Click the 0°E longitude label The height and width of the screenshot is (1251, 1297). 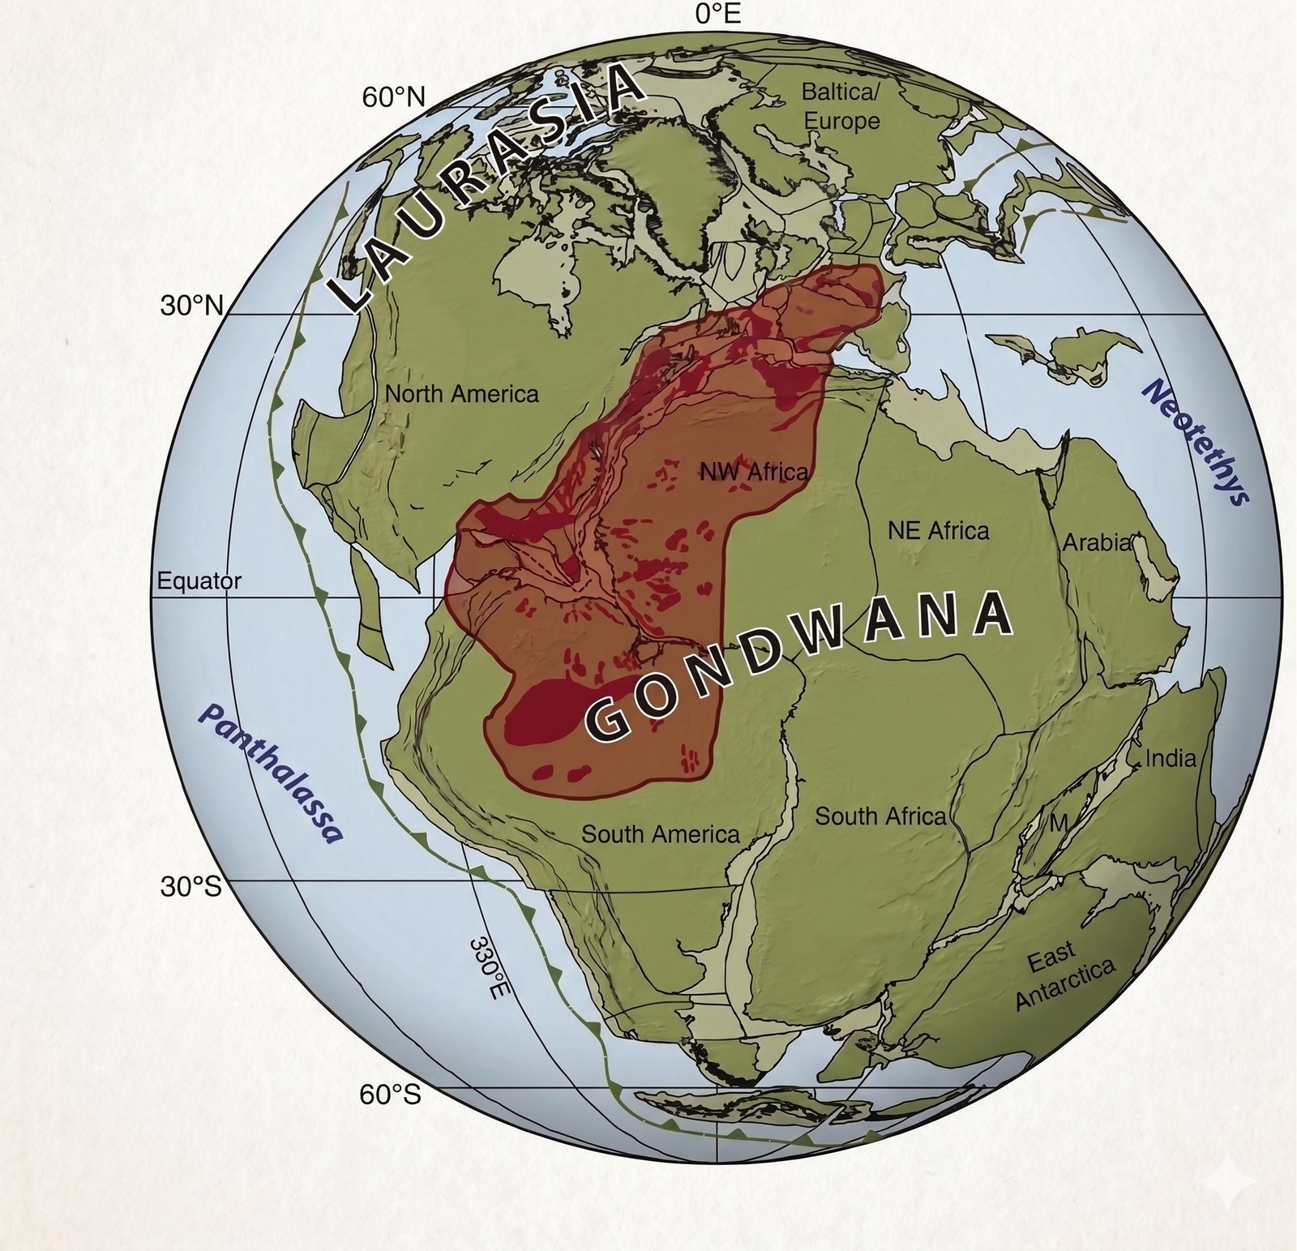tap(718, 14)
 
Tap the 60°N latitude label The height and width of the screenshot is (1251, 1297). tap(393, 97)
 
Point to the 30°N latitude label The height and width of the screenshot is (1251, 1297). tap(191, 306)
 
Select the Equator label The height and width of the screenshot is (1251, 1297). tap(199, 581)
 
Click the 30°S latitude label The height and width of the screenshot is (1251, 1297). tap(190, 886)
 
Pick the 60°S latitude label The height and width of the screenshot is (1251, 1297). tap(391, 1095)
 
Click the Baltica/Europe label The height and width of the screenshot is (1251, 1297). tap(841, 106)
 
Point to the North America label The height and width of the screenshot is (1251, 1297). tap(461, 394)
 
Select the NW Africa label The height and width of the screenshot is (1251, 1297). tap(754, 472)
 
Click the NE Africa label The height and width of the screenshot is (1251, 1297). tap(938, 531)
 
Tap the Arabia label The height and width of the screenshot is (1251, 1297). tap(1096, 542)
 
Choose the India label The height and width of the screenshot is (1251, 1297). tap(1170, 758)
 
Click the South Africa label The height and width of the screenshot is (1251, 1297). tap(880, 816)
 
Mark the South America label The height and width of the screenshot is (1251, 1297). tap(661, 834)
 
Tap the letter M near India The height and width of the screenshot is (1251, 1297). tap(1059, 823)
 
